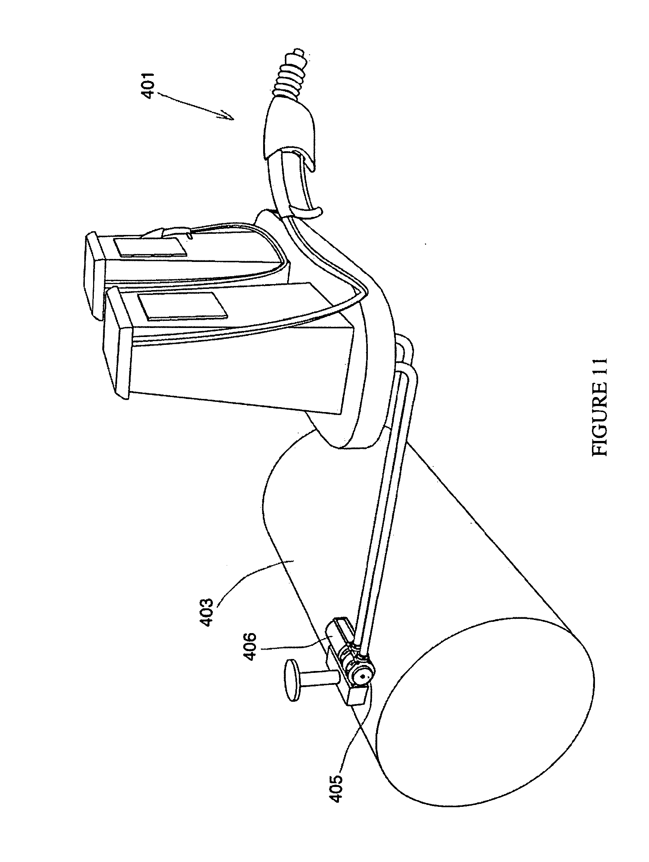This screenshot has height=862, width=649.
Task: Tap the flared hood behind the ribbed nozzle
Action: pos(291,132)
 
